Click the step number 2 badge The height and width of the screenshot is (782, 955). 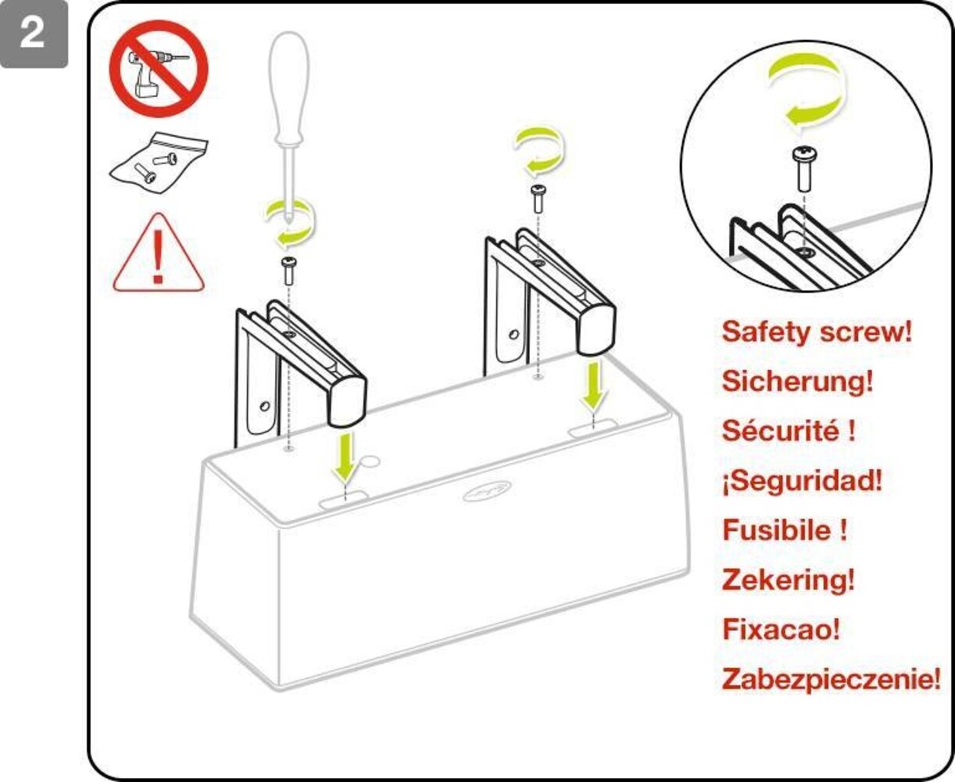pos(33,34)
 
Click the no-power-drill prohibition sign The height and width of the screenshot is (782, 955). pos(158,69)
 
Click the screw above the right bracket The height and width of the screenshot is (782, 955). pos(538,197)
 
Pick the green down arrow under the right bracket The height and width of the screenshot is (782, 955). pos(594,387)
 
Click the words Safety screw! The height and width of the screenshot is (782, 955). pos(817,332)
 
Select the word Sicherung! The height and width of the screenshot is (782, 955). pos(797,382)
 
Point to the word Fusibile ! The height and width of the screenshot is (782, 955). pos(785,530)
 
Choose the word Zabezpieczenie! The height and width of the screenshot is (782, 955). pos(831,679)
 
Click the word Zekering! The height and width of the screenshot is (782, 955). pos(788,579)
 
